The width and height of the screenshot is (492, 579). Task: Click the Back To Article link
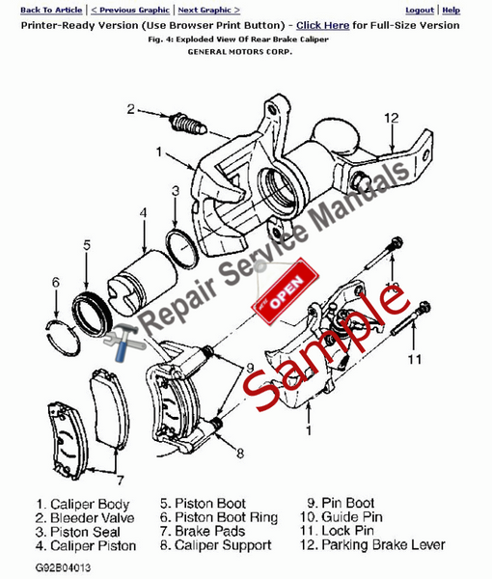[43, 10]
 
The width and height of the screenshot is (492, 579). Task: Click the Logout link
[419, 10]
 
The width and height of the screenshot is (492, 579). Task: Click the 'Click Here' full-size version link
[322, 24]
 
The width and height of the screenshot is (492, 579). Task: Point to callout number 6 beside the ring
[55, 282]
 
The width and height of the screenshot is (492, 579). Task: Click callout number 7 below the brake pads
[119, 480]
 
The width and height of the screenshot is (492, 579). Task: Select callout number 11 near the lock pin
[414, 360]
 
